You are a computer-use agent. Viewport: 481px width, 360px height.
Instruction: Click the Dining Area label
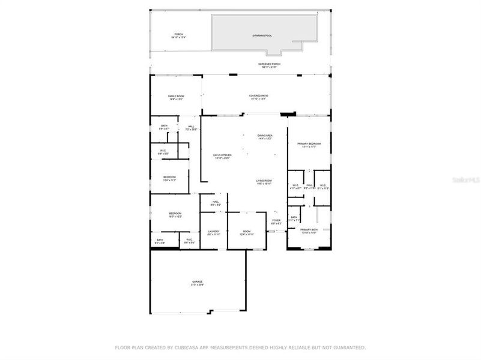pyautogui.click(x=265, y=137)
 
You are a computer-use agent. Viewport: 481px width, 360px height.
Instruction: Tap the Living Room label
pyautogui.click(x=264, y=182)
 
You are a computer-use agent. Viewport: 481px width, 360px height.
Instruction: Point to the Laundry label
pyautogui.click(x=213, y=232)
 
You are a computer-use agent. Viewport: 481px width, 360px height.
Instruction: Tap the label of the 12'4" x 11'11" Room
pyautogui.click(x=246, y=232)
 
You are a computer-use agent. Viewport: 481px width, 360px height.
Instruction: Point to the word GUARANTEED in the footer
pyautogui.click(x=348, y=347)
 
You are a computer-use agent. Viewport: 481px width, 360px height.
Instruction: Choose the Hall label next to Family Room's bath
pyautogui.click(x=191, y=127)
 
